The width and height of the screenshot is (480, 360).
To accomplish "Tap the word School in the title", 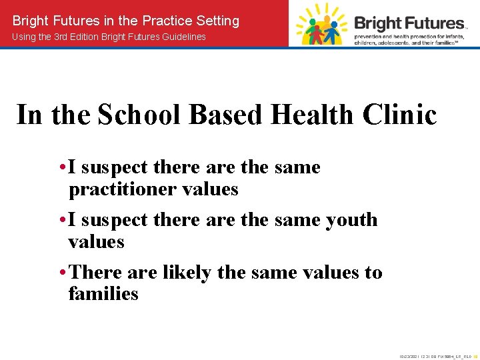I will [137, 115].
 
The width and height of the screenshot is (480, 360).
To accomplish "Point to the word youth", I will [351, 219].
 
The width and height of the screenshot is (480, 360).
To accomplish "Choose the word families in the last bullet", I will [103, 293].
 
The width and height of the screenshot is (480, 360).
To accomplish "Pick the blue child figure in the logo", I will [333, 29].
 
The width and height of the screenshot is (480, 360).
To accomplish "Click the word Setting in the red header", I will [217, 21].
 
